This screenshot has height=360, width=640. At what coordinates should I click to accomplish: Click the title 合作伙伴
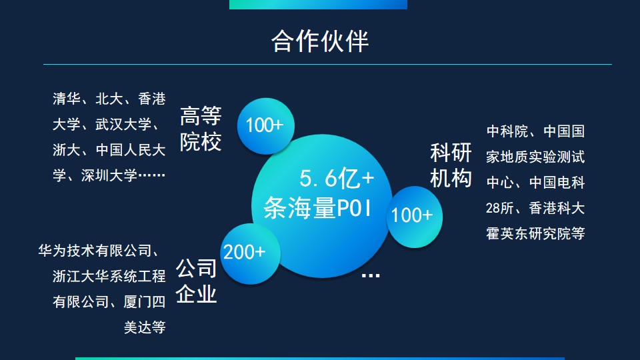coord(320,41)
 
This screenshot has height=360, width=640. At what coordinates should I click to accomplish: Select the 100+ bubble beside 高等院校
coord(265,125)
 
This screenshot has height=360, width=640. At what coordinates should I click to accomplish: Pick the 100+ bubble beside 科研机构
coord(412,215)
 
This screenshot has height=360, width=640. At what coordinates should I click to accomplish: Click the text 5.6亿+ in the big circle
coord(337,179)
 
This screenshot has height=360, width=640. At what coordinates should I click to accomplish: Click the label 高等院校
coord(201,130)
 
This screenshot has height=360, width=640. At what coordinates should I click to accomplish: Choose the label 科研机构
coord(451,165)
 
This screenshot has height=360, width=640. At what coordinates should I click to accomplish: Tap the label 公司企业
coord(197,281)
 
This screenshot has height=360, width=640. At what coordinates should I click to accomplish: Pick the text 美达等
coord(145,327)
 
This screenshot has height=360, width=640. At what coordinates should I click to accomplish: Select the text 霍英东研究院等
coord(535,234)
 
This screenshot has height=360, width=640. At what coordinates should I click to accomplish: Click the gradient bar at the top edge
coord(318,4)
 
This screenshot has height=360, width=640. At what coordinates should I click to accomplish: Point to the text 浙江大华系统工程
coord(109,277)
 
